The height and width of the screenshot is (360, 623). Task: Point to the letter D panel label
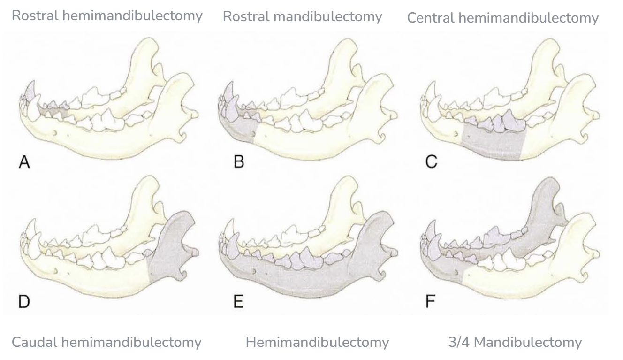(23, 302)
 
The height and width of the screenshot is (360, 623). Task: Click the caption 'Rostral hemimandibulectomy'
(107, 15)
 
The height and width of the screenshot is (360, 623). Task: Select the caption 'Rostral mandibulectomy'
(302, 17)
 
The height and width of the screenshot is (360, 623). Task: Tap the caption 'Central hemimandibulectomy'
(502, 18)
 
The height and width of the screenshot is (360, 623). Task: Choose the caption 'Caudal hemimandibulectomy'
(106, 343)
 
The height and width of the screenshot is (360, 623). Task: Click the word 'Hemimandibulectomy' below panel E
(317, 343)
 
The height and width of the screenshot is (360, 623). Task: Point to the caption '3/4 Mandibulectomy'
(515, 343)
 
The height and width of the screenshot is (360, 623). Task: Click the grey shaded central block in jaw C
(493, 143)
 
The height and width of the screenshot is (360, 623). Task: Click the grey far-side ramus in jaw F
(544, 207)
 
